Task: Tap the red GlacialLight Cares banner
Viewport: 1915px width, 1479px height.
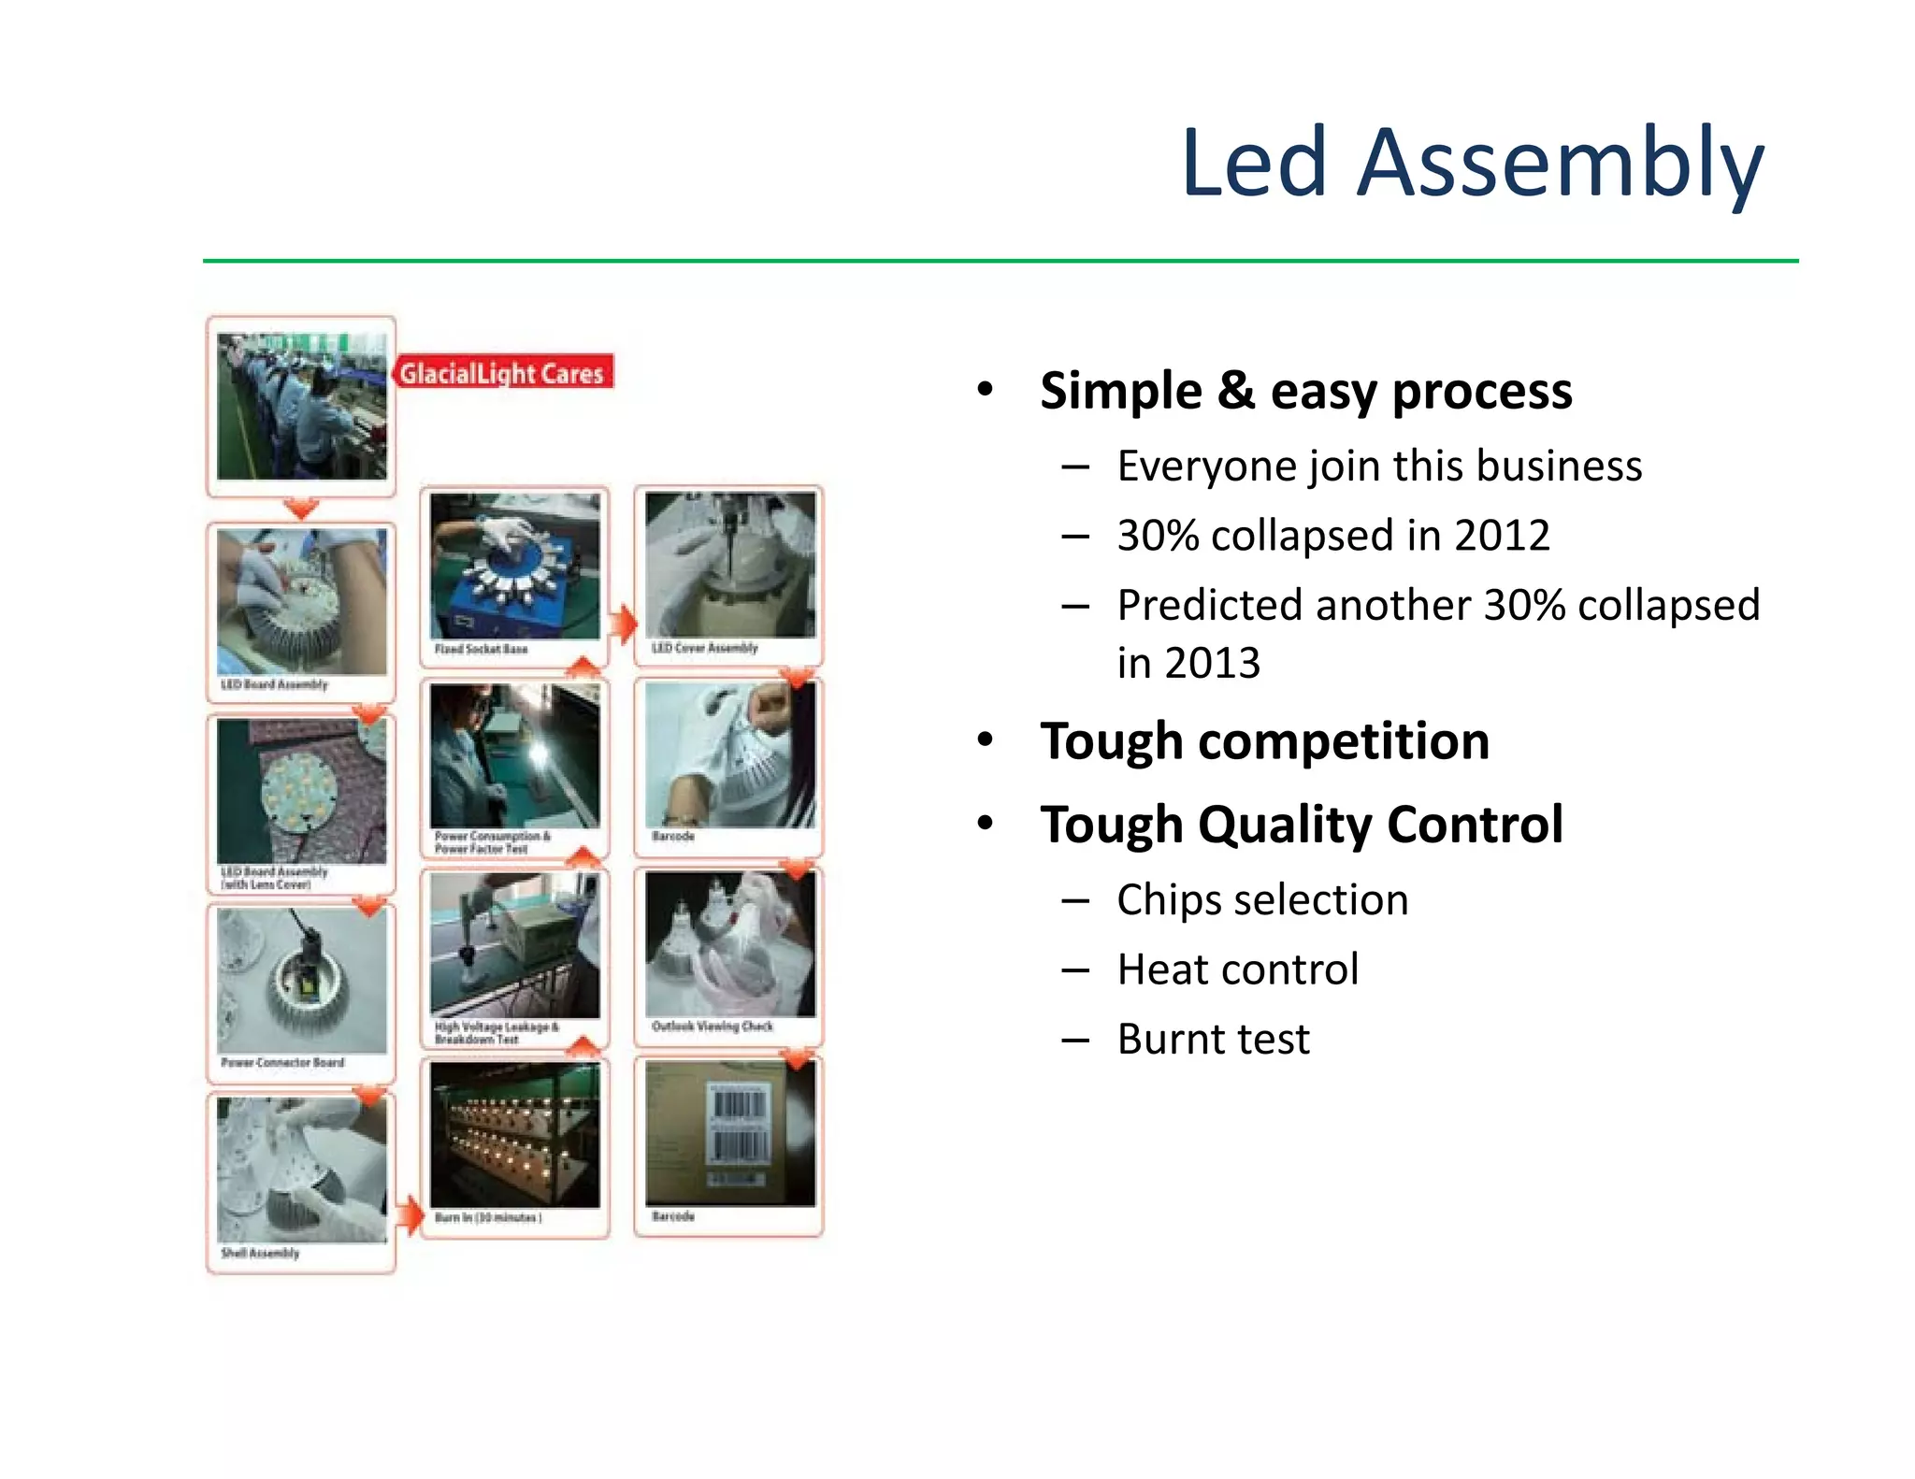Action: [x=503, y=372]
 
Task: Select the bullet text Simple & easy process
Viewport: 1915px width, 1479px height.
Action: [x=1305, y=391]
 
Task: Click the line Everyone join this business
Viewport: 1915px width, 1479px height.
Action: [x=1378, y=466]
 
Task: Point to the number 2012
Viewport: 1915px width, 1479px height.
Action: [x=1502, y=536]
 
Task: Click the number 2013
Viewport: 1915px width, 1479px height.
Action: [x=1212, y=663]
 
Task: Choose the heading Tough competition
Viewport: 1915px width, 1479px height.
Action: [x=1264, y=741]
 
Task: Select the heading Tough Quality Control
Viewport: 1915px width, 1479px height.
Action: [x=1301, y=825]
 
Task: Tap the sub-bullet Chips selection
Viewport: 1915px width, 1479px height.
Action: [x=1261, y=899]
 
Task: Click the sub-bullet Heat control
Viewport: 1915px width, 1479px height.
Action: [x=1237, y=969]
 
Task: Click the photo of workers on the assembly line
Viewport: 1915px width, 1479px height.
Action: [x=301, y=407]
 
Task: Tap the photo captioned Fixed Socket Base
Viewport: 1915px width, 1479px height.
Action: [x=515, y=566]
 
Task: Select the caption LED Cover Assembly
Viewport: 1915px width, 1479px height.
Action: [x=704, y=648]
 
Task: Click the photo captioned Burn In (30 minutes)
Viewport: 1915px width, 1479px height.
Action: [x=515, y=1135]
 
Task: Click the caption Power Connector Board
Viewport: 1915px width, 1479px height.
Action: [x=282, y=1063]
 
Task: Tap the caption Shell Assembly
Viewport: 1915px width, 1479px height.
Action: [x=260, y=1253]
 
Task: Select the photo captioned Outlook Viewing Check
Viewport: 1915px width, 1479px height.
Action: [x=729, y=944]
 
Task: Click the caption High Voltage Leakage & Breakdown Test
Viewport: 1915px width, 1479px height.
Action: [x=496, y=1033]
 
